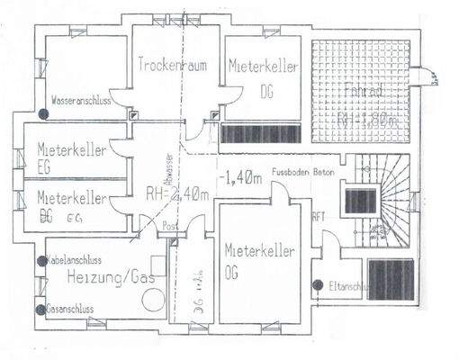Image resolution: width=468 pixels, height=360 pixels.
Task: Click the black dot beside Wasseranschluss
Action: point(43,113)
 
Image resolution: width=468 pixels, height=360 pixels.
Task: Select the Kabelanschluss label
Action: point(76,261)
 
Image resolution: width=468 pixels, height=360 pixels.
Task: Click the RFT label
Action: point(318,216)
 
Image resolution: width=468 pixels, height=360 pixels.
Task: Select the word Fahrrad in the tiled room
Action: point(362,90)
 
